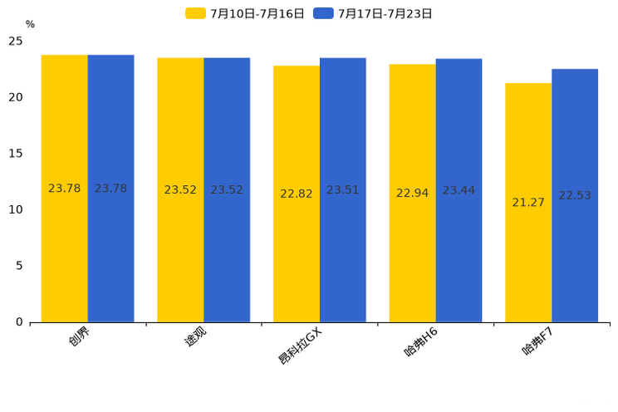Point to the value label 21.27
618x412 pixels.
(528, 203)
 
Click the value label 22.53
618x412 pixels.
(575, 196)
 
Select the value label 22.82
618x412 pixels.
(297, 194)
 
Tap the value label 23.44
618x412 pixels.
(459, 191)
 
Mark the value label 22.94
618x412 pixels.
(412, 194)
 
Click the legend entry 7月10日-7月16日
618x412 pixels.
(246, 13)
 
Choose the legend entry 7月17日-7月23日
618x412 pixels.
(374, 13)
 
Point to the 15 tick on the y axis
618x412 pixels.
(17, 154)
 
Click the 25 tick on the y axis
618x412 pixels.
(16, 42)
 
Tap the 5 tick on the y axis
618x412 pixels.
(19, 266)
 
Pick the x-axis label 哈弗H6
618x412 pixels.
(421, 342)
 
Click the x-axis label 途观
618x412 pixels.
(195, 336)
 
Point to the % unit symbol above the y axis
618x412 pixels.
(30, 25)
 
